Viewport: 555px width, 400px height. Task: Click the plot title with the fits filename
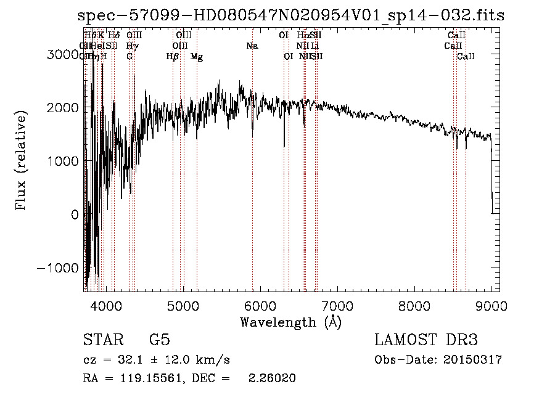291,16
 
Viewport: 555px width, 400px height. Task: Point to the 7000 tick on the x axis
337,306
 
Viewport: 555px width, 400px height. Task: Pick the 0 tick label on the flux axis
75,214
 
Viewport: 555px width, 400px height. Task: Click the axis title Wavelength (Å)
290,322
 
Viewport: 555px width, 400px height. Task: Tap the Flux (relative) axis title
22,161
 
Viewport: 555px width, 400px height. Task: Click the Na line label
252,46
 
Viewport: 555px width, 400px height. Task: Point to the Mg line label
197,57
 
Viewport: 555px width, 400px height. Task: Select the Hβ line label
173,57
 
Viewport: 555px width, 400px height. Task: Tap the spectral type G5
159,340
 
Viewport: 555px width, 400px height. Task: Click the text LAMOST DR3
426,340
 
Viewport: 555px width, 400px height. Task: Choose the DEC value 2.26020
271,378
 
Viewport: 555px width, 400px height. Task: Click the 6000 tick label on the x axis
260,306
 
